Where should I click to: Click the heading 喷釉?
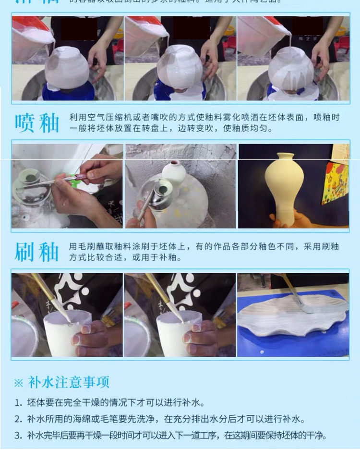click(37, 123)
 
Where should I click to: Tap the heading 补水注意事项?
click(69, 382)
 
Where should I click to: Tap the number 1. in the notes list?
click(18, 402)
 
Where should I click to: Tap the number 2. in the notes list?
click(18, 419)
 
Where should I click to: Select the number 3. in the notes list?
click(18, 436)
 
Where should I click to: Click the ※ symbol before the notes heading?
click(18, 383)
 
